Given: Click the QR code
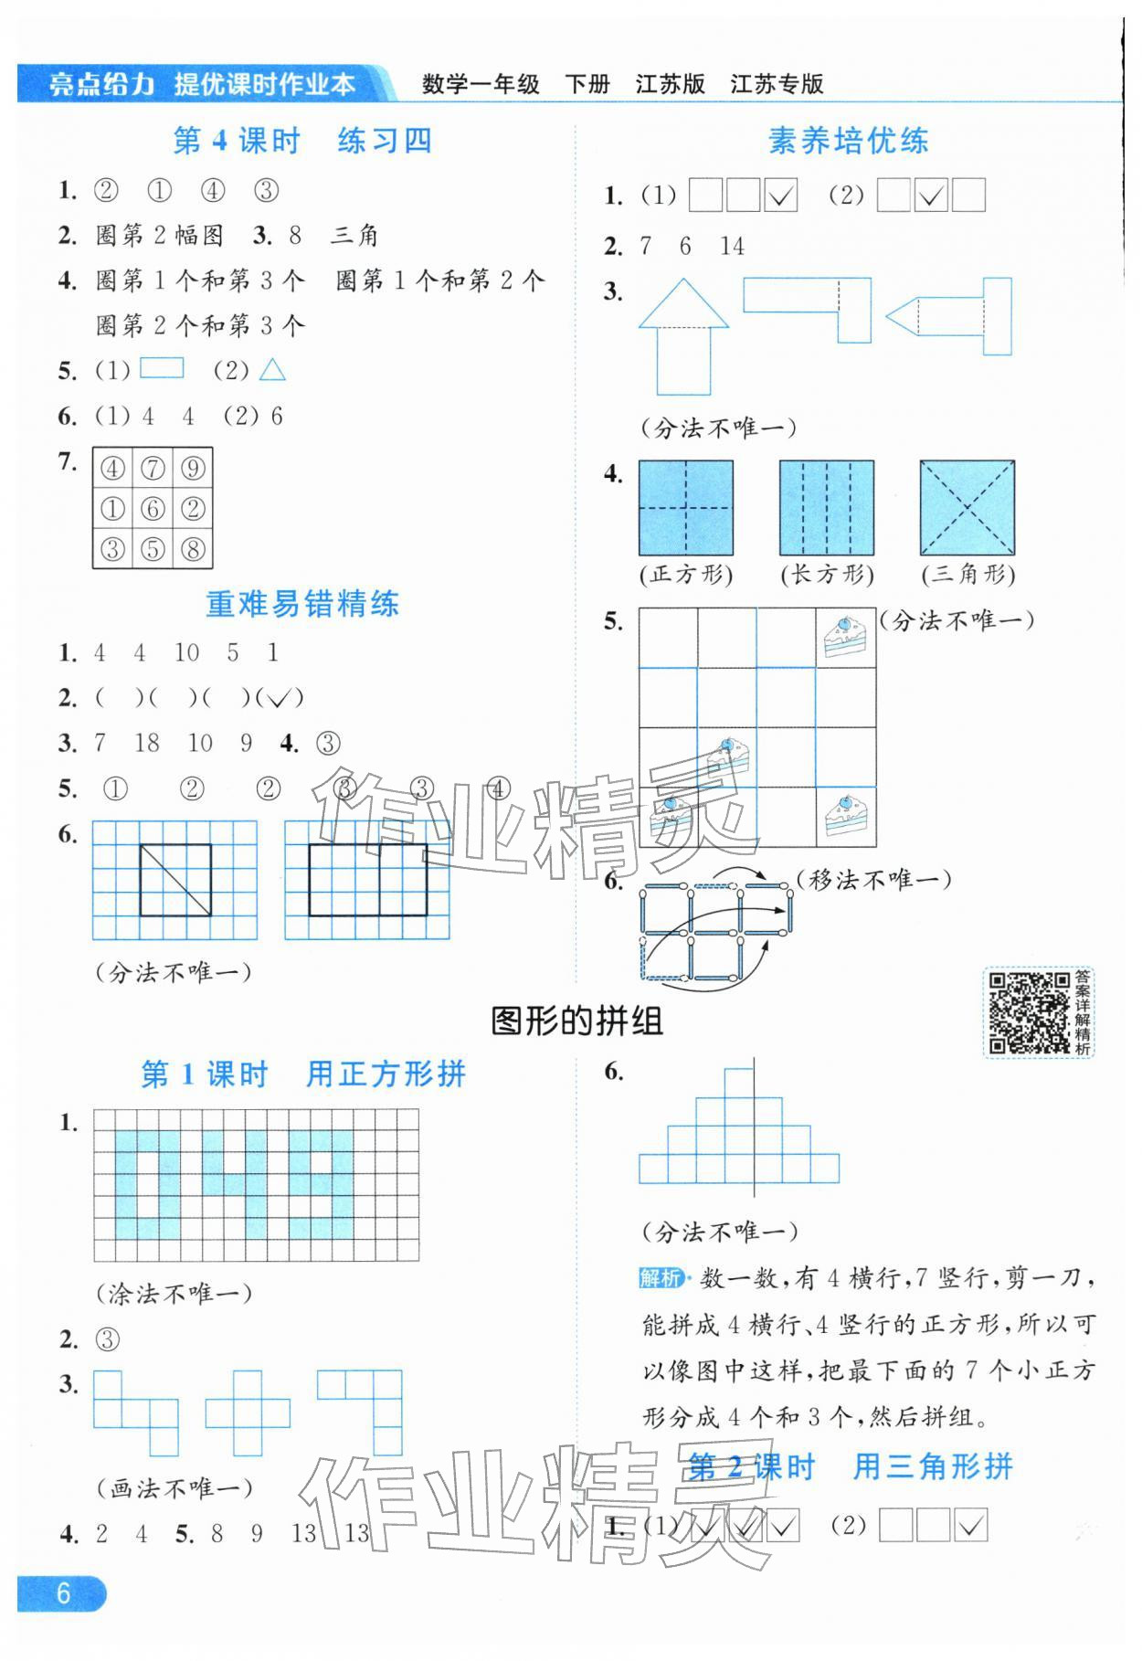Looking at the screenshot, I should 1028,1012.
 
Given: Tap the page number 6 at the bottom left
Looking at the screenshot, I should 62,1593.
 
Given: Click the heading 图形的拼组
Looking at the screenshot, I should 576,1021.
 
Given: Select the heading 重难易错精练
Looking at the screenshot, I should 302,604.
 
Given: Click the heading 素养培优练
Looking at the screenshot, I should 848,141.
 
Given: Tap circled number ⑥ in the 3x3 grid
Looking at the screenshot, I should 153,509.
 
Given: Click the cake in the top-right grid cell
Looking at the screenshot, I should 844,638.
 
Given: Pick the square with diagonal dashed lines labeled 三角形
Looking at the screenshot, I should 967,508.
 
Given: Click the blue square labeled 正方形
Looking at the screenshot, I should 685,508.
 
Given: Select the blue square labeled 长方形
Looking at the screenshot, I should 826,508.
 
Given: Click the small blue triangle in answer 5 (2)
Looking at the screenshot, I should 272,370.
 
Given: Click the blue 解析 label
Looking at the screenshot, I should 660,1277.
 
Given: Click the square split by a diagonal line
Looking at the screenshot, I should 175,880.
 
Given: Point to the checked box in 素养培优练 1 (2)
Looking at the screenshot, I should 930,196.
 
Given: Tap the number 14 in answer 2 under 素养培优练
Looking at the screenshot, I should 732,247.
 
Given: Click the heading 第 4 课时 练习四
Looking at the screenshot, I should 302,141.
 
